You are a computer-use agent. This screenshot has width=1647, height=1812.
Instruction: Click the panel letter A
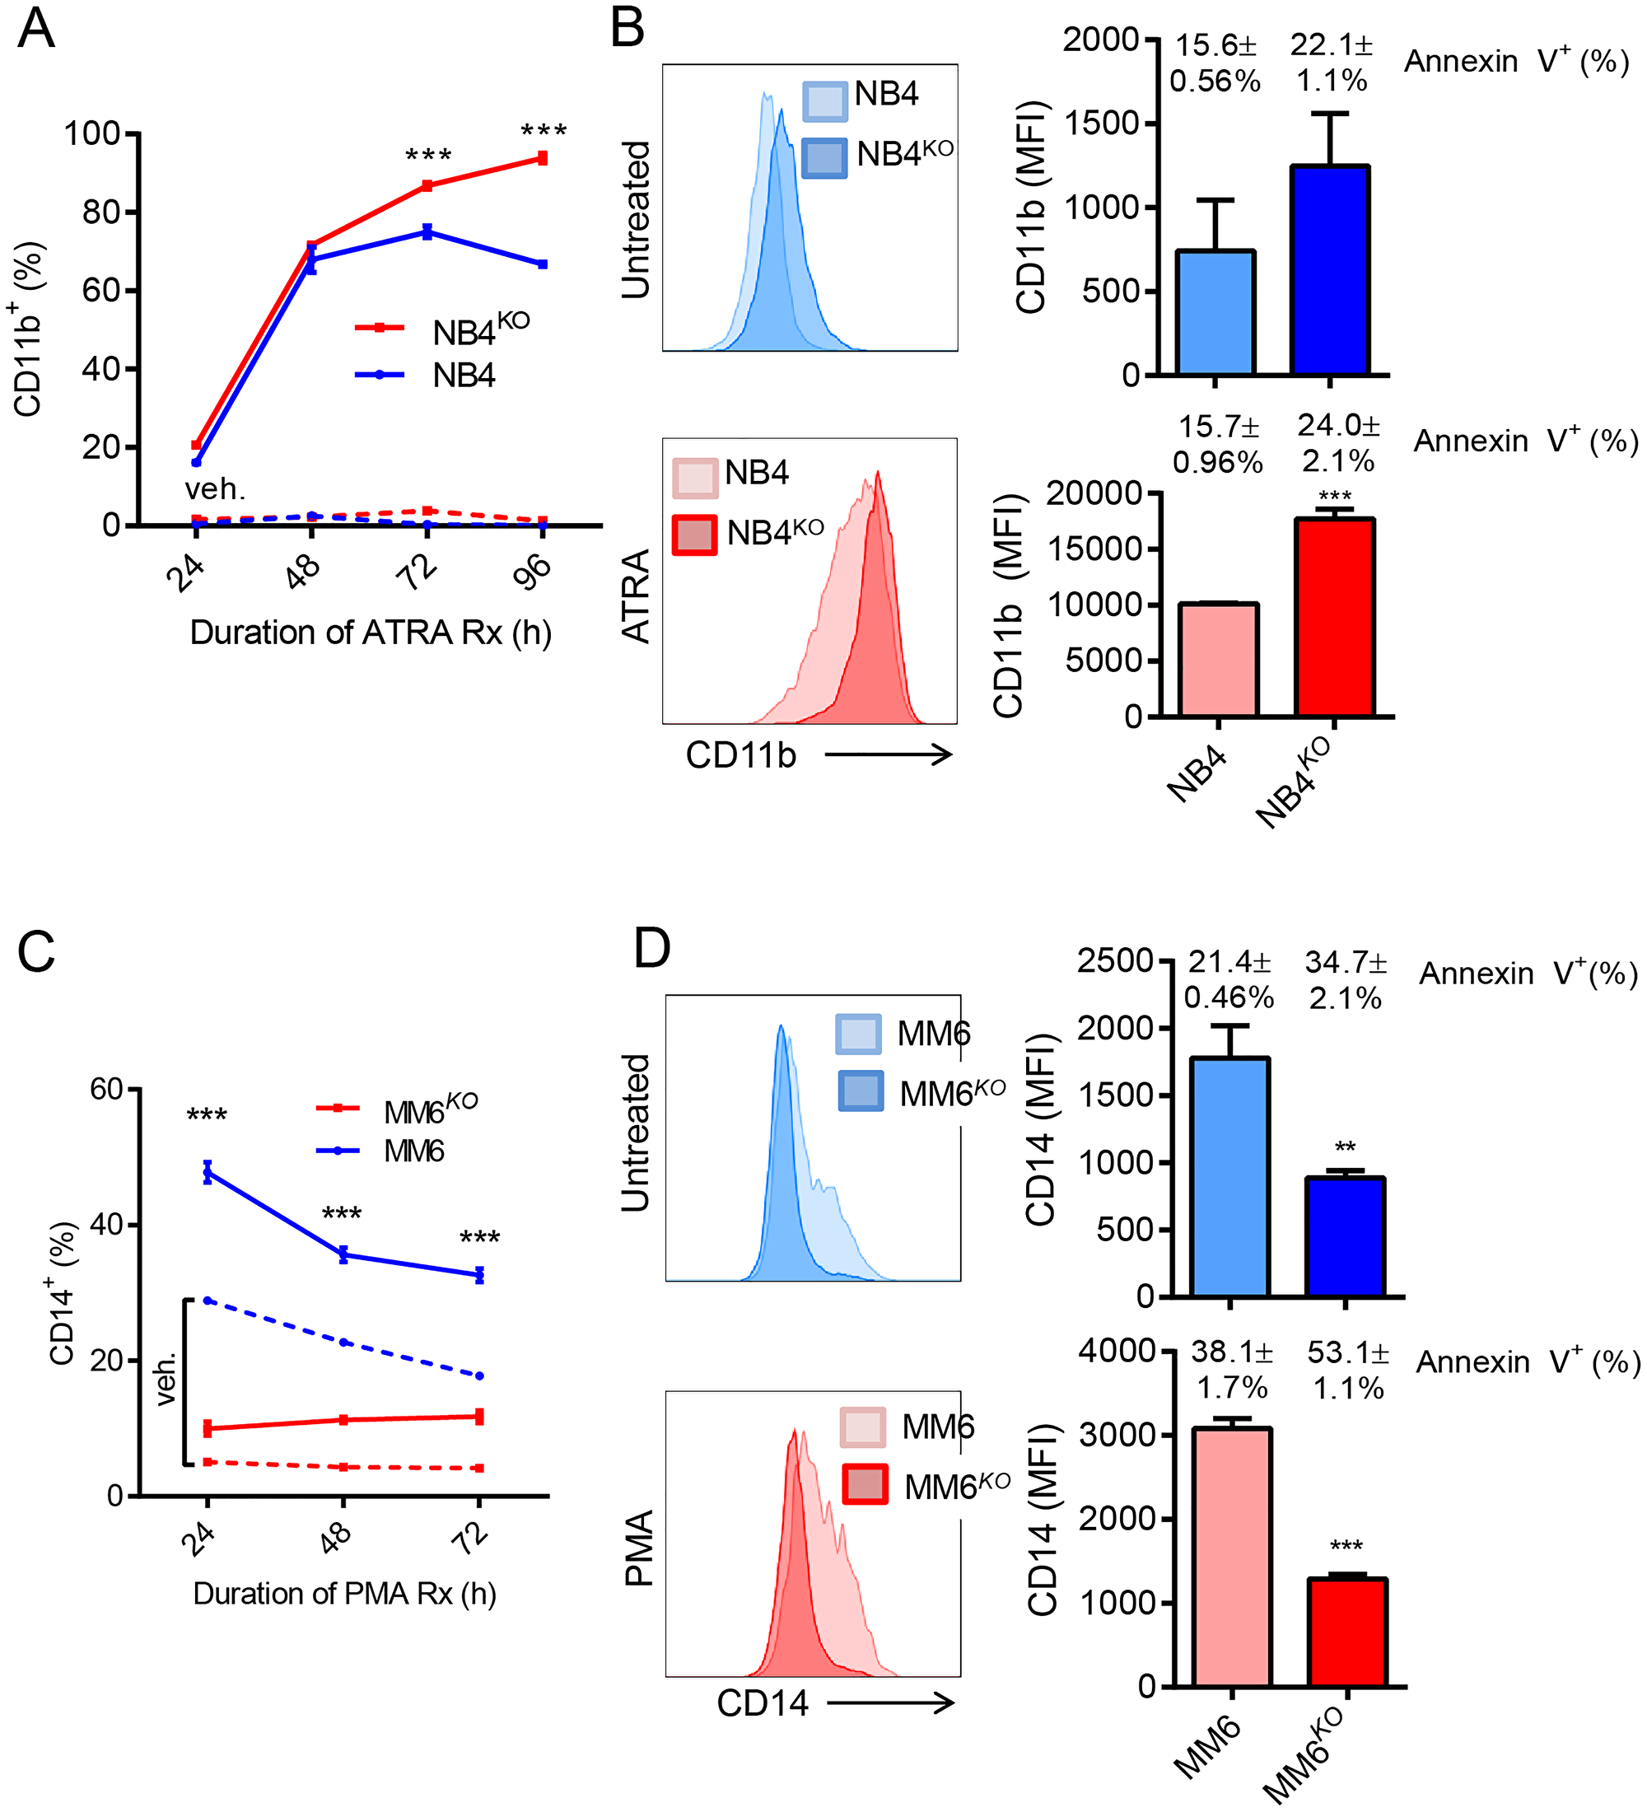tap(36, 29)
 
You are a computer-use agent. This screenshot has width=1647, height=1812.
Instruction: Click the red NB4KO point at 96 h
tap(543, 159)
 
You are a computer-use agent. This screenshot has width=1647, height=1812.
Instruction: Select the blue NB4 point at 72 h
tap(427, 232)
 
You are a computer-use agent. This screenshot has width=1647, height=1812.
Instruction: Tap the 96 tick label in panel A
tap(533, 572)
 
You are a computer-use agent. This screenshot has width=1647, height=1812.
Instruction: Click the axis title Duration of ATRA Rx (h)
tap(371, 633)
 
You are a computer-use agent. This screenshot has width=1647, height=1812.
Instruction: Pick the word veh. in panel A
tap(215, 490)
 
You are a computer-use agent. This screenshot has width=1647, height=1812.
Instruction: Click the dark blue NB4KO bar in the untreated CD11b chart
tap(1330, 269)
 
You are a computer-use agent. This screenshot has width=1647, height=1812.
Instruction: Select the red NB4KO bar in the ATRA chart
tap(1334, 618)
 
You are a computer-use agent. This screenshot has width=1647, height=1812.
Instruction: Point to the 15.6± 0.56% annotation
tap(1215, 63)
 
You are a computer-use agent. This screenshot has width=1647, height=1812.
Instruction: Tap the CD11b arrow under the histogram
tap(888, 755)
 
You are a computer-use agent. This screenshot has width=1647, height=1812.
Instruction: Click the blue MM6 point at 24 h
tap(208, 1172)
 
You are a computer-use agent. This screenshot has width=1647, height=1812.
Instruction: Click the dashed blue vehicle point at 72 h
tap(480, 1376)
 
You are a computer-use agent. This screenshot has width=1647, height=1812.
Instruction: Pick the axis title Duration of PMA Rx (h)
tap(344, 1594)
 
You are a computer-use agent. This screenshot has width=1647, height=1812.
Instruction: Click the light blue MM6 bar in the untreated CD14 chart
tap(1229, 1178)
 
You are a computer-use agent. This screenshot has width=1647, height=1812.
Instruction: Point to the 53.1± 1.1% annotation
tap(1348, 1371)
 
